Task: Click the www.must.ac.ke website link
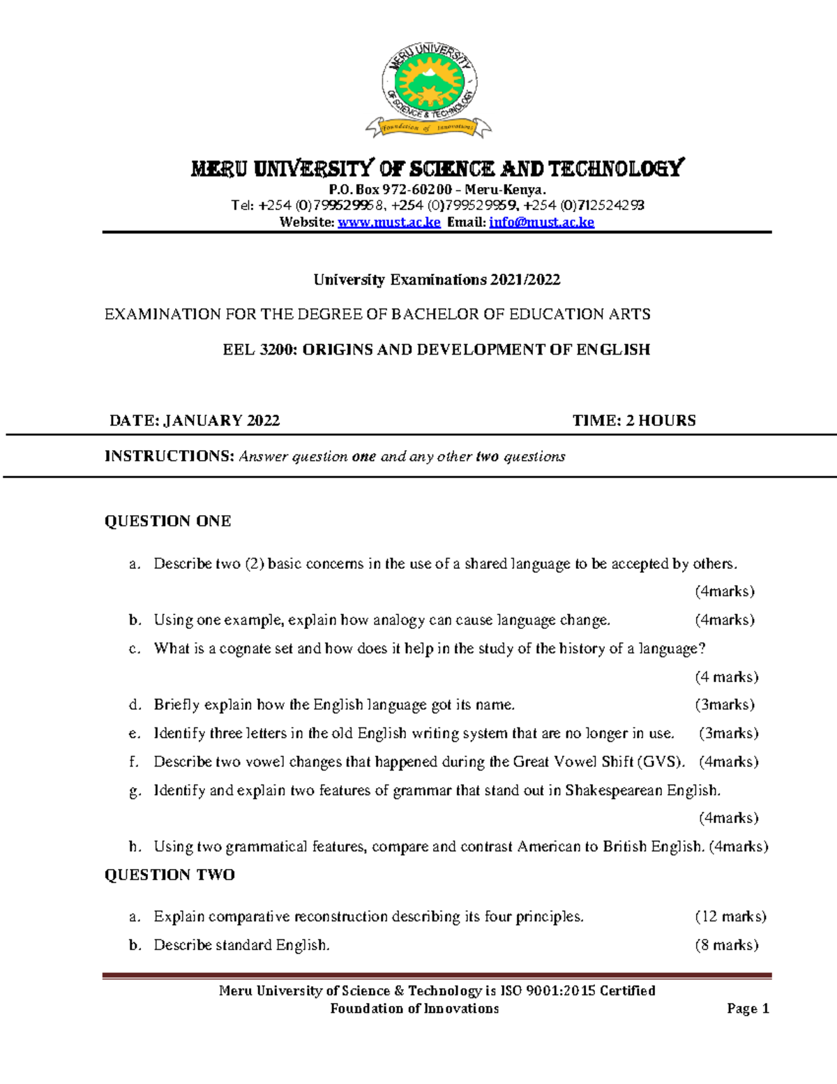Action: [x=389, y=222]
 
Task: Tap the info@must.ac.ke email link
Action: [x=541, y=222]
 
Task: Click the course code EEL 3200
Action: [x=259, y=350]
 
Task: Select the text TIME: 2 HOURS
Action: [x=634, y=420]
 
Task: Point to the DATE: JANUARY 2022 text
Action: [x=195, y=420]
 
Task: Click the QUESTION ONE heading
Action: [x=167, y=521]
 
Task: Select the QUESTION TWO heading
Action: [x=169, y=875]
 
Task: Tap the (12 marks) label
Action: [x=730, y=916]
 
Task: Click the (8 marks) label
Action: [x=726, y=945]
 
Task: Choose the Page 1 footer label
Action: [x=748, y=1009]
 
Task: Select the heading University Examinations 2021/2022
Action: [x=437, y=280]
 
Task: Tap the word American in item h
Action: [x=549, y=847]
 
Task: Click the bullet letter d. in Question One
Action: [x=135, y=705]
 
